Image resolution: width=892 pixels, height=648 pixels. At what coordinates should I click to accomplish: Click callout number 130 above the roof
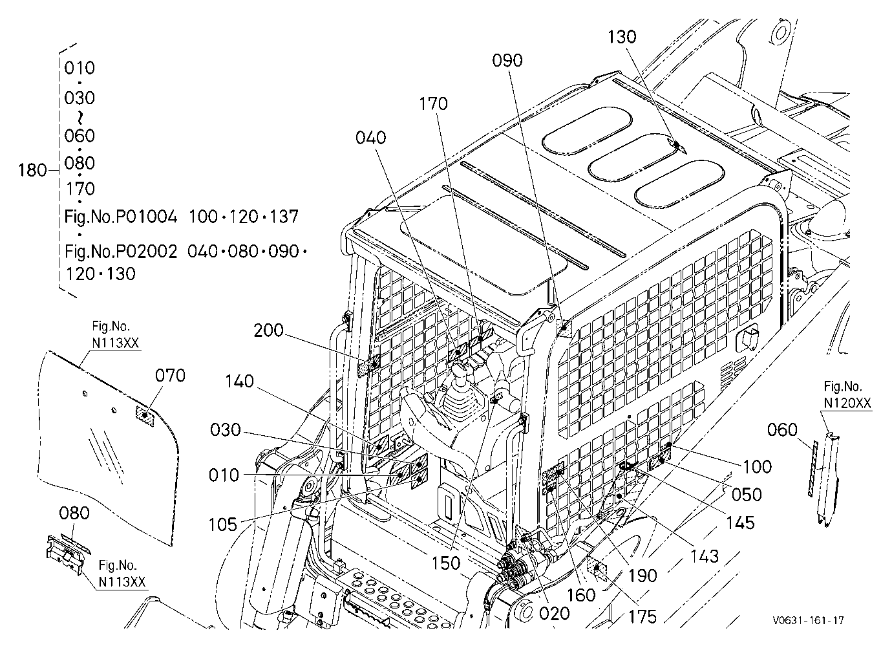click(622, 37)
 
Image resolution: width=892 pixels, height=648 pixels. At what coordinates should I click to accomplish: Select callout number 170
click(433, 104)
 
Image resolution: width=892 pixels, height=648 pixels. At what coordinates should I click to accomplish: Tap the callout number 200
click(268, 330)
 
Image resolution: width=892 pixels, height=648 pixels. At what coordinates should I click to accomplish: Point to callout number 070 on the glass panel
click(170, 376)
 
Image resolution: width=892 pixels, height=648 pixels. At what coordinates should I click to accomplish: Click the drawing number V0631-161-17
click(809, 620)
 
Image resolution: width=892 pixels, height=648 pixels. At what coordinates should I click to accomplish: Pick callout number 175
click(642, 618)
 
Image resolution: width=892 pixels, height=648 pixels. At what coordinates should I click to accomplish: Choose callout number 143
click(705, 557)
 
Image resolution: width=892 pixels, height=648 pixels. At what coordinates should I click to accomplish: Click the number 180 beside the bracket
click(33, 171)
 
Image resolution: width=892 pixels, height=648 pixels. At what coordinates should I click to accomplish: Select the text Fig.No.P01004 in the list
click(121, 217)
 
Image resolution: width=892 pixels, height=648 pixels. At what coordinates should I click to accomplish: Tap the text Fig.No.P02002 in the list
click(121, 252)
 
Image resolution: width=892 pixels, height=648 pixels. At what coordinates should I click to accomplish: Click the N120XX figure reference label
click(847, 404)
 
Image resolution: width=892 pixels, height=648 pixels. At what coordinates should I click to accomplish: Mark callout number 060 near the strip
click(782, 430)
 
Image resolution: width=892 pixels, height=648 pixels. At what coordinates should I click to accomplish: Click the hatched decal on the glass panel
click(145, 416)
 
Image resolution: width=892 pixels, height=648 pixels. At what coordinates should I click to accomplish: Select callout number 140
click(239, 382)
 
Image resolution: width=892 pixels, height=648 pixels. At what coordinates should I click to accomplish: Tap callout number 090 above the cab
click(507, 61)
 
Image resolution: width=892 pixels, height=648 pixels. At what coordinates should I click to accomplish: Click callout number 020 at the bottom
click(555, 614)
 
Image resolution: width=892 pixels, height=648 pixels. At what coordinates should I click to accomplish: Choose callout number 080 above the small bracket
click(74, 513)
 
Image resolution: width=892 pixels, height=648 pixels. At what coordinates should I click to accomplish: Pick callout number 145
click(740, 523)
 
